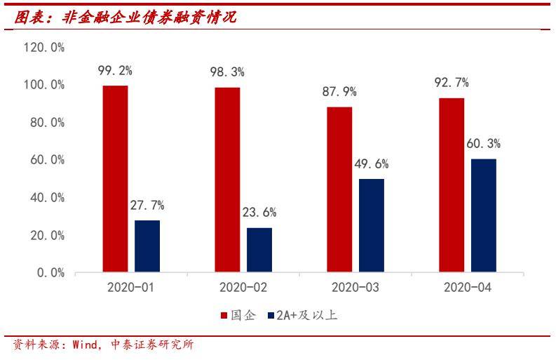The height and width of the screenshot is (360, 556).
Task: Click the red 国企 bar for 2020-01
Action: point(115,178)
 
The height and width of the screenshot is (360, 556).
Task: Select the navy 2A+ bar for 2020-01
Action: point(147,246)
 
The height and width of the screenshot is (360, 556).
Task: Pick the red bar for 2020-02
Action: point(227,180)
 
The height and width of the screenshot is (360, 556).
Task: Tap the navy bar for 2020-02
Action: point(259,249)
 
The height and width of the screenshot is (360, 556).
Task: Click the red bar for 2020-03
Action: point(339,189)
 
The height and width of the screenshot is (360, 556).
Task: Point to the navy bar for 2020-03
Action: point(371,225)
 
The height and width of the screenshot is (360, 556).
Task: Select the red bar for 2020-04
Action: point(452,185)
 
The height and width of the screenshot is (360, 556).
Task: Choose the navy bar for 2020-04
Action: point(483,215)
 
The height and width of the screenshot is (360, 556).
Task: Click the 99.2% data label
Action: point(116,70)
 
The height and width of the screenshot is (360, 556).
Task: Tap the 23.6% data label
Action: point(259,213)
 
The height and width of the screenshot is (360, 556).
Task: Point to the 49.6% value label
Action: point(372,164)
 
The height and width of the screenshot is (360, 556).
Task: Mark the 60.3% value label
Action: point(484,144)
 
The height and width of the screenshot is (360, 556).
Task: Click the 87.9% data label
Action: point(340,91)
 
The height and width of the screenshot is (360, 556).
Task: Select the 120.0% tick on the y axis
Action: point(44,48)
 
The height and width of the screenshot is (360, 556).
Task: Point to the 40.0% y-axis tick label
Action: point(47,198)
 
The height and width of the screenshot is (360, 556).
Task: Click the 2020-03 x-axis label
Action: point(355,288)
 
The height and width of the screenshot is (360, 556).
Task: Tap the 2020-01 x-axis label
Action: point(131,288)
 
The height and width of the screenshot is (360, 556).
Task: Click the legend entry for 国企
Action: point(239,315)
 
